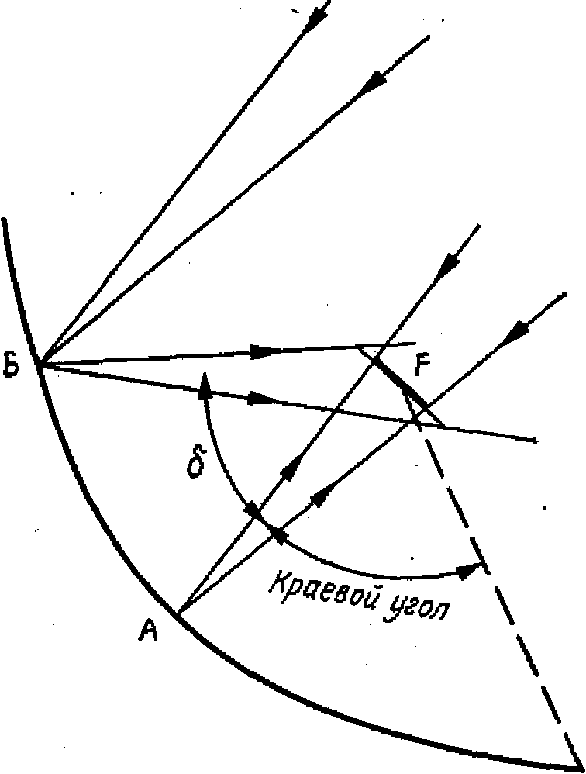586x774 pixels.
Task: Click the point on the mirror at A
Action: [180, 614]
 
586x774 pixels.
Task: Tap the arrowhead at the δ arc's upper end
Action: [205, 383]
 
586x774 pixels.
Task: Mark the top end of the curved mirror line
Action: [5, 220]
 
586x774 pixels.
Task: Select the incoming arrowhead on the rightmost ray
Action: [515, 334]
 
